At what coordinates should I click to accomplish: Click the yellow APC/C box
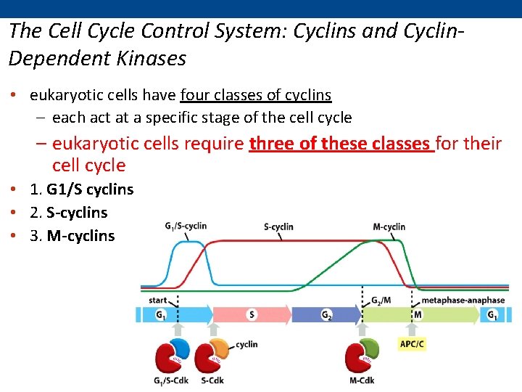(412, 343)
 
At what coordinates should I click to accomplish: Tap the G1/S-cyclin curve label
(186, 226)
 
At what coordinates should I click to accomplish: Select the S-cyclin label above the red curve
(278, 226)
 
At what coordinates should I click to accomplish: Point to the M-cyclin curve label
(389, 226)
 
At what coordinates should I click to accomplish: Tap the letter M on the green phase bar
(418, 315)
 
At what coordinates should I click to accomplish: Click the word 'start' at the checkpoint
(157, 300)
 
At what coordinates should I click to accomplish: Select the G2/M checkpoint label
(381, 300)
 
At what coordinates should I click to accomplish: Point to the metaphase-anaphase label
(463, 300)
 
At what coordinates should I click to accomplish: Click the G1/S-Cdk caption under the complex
(171, 381)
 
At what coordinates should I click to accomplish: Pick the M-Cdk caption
(360, 381)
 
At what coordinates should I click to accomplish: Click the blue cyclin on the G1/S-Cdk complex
(181, 348)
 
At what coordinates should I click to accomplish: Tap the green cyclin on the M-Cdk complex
(369, 348)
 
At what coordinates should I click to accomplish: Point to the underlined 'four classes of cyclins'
(256, 95)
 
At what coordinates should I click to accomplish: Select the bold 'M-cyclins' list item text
(80, 236)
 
